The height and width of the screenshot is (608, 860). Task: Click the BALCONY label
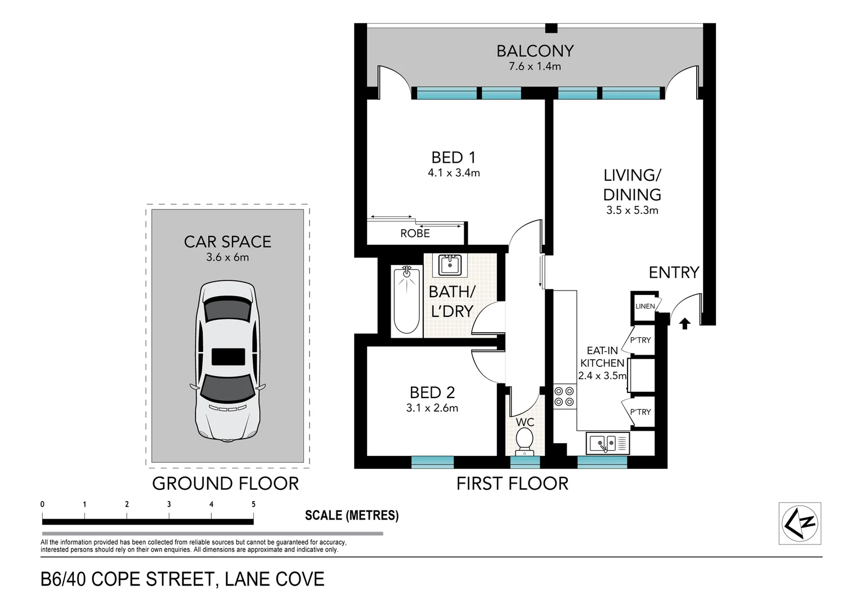click(535, 51)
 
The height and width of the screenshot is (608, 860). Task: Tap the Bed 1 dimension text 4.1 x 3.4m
click(454, 173)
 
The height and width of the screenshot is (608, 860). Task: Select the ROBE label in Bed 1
click(415, 234)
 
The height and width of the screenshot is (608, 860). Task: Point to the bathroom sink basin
click(450, 265)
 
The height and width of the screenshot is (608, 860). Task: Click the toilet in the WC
click(525, 440)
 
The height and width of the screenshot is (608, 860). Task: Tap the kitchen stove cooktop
click(564, 396)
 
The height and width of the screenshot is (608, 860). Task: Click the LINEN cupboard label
click(645, 306)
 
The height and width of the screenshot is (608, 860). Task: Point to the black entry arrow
click(685, 324)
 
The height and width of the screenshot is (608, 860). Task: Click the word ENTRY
click(674, 273)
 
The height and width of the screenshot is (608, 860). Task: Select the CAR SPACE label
click(227, 242)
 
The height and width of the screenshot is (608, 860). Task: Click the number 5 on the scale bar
click(253, 504)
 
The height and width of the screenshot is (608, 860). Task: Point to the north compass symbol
click(800, 523)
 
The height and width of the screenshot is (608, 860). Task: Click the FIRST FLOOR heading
click(512, 484)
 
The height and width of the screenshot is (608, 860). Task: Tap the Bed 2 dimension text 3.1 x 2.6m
click(432, 408)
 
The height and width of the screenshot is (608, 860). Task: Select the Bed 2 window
click(432, 462)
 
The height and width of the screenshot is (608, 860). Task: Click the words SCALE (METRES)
click(351, 515)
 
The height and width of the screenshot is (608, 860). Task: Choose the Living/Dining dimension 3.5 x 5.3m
click(632, 211)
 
